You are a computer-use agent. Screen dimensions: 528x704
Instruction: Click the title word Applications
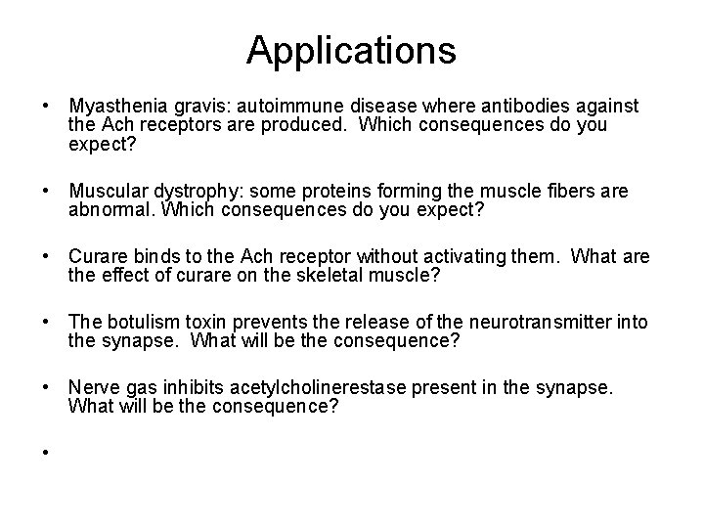point(351,50)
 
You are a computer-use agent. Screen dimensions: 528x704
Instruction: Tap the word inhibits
point(193,388)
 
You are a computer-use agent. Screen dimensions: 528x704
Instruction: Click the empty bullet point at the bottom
point(46,454)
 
